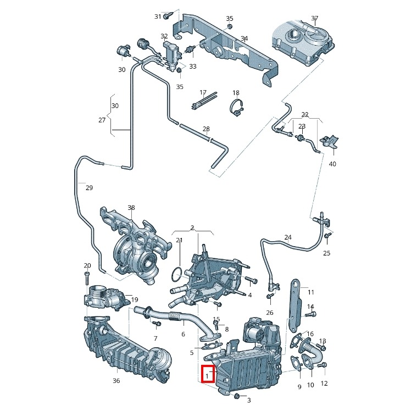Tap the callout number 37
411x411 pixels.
point(314,19)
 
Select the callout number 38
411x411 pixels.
point(131,208)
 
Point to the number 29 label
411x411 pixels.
point(89,188)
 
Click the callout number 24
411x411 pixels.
point(288,238)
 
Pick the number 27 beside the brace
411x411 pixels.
point(102,120)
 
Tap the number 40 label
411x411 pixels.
point(332,164)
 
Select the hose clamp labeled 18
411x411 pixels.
point(237,108)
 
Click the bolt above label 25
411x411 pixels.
point(327,236)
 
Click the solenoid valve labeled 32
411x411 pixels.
point(173,53)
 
